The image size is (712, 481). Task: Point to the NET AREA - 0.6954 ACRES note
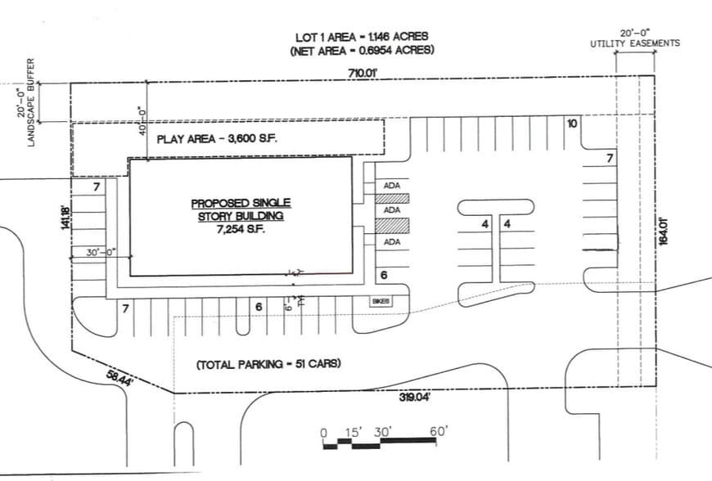coord(362,51)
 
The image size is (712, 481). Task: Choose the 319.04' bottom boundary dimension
coord(413,398)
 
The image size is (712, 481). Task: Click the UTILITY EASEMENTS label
coord(635,43)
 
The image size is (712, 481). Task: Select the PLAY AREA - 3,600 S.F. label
coord(218,139)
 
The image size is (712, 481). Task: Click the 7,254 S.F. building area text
coord(241,228)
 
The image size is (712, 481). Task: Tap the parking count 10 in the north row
coord(572,124)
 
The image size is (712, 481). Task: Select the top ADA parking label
coord(391,186)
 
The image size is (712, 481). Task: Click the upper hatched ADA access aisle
coord(391,198)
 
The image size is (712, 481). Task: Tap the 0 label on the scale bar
coord(323,431)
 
